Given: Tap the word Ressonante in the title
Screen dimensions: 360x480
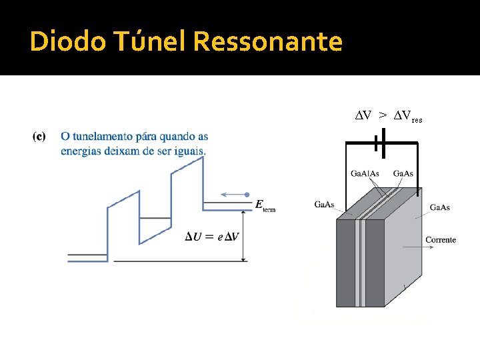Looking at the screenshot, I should coord(267,41).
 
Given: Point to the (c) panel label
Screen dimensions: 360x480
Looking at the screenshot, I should coord(39,137).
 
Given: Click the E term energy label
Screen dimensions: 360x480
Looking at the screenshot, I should coord(265,205).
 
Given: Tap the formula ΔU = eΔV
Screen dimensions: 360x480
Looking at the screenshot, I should coord(212,237).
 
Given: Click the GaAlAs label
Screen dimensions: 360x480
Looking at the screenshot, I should coord(365,174).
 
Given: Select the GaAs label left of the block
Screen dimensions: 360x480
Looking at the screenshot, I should coord(325,204).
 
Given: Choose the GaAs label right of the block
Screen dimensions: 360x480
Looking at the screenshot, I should coord(439,207).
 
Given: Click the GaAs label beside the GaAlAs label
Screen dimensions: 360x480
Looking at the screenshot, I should coord(403,174).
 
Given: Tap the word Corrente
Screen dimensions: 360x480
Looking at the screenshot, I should coord(441,239).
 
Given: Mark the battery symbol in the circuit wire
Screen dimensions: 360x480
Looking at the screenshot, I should coord(381,143).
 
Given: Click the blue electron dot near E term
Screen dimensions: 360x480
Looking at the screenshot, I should coord(247,195).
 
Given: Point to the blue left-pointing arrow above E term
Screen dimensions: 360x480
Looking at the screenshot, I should coord(233,195).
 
